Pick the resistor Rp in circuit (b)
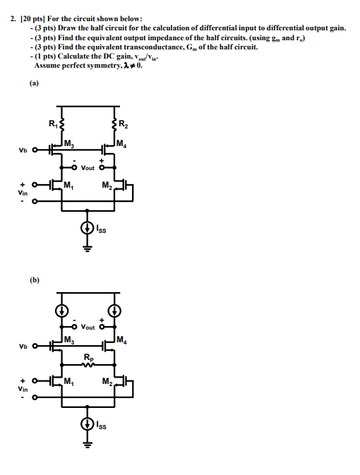(x=88, y=364)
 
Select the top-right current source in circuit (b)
(x=112, y=311)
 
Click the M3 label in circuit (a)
(x=68, y=145)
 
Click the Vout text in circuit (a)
(x=88, y=168)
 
